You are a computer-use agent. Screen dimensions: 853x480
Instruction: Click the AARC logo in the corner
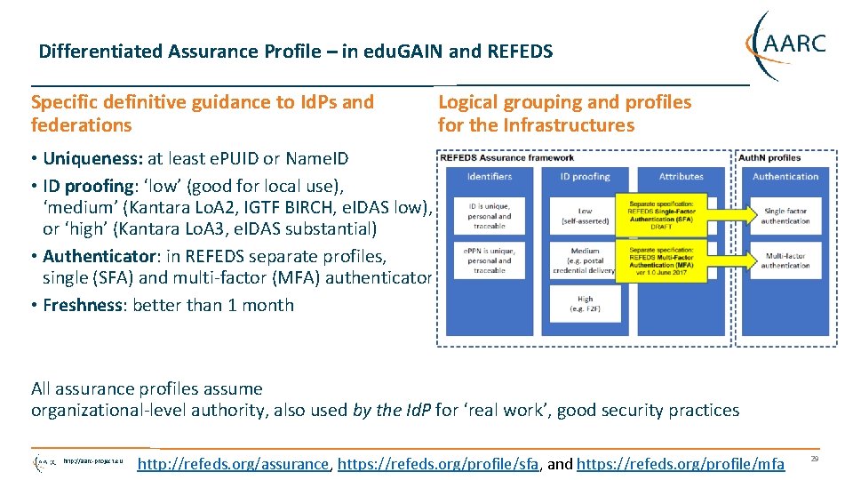click(x=786, y=44)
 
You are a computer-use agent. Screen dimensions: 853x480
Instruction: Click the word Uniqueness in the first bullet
click(x=93, y=159)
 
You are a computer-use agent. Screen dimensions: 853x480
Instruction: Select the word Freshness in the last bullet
click(x=84, y=305)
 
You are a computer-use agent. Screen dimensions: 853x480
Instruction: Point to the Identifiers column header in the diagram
click(x=490, y=176)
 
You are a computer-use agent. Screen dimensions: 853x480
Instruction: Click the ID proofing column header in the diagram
click(x=585, y=176)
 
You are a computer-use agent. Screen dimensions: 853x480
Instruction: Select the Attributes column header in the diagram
click(x=681, y=176)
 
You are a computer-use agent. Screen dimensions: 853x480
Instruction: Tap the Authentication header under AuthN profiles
click(x=785, y=176)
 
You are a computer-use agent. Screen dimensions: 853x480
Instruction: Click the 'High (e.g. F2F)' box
click(x=585, y=304)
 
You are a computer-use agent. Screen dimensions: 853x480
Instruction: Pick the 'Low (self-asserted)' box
click(x=585, y=216)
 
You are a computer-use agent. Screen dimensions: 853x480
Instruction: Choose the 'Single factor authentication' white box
click(x=785, y=216)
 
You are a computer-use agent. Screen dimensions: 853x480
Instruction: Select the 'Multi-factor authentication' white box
click(x=785, y=260)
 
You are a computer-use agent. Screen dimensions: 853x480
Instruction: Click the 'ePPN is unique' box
click(x=490, y=260)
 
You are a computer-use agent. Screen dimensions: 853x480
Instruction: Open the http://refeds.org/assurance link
click(x=234, y=464)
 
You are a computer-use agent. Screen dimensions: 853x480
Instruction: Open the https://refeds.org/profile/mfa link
click(x=681, y=464)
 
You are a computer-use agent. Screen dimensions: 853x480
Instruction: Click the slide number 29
click(x=815, y=459)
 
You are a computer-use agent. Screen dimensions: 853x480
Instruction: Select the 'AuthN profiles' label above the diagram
click(x=770, y=157)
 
